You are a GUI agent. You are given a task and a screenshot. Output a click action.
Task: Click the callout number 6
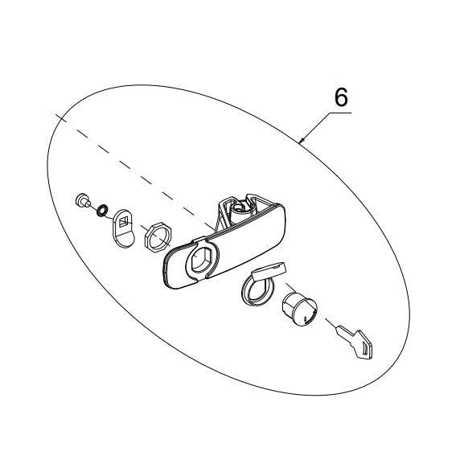(x=341, y=97)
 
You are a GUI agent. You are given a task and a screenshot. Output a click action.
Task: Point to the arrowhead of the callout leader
(x=302, y=140)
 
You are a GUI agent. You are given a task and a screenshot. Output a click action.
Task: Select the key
(x=355, y=342)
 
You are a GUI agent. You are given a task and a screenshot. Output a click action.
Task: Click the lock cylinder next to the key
(x=299, y=310)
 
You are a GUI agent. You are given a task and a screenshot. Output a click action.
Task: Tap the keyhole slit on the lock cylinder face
(x=306, y=319)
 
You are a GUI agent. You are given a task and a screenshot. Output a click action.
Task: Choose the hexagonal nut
(x=158, y=237)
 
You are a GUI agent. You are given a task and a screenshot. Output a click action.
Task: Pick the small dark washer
(x=102, y=211)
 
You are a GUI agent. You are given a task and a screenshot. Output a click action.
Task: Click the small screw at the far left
(x=81, y=200)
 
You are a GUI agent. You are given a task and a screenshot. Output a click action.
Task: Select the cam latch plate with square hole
(x=124, y=228)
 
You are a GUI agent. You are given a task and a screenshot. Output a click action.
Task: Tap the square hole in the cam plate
(x=124, y=222)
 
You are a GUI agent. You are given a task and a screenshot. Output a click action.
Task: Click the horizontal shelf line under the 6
(x=340, y=113)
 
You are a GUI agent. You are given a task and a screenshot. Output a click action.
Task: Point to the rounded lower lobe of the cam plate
(x=125, y=240)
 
